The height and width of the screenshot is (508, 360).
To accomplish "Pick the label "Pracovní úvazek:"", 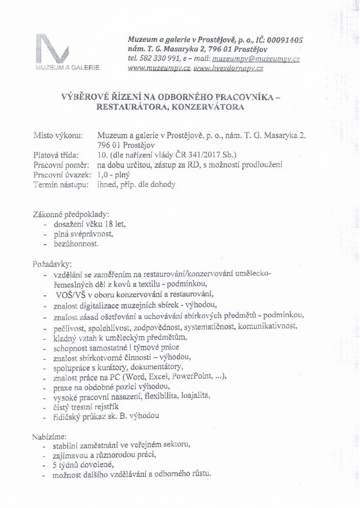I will click(63, 175).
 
